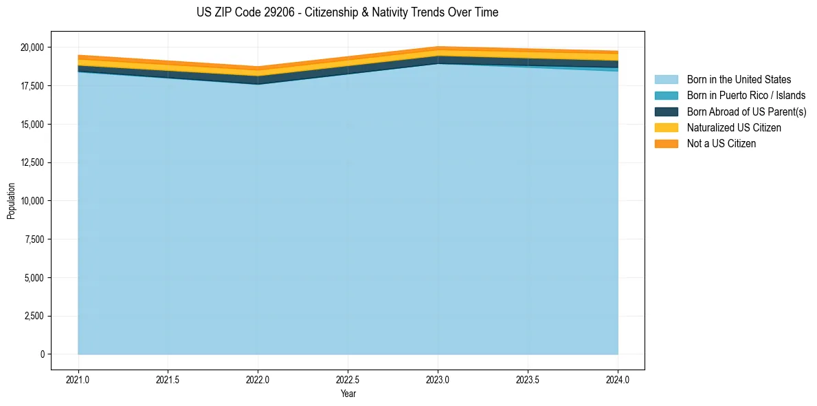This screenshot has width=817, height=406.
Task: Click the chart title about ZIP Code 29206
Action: (x=348, y=12)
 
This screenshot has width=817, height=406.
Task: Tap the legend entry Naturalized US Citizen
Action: (x=734, y=128)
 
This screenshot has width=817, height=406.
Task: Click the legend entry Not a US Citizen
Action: (x=721, y=144)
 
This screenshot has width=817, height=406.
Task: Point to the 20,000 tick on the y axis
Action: (x=32, y=47)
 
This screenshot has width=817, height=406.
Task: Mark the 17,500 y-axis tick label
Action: (x=32, y=86)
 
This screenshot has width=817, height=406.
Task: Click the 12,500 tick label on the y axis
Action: (x=32, y=162)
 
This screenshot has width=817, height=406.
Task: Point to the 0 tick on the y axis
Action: (x=42, y=354)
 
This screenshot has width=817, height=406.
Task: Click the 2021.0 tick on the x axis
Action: (x=78, y=379)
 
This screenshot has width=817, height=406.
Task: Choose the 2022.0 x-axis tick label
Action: (x=258, y=379)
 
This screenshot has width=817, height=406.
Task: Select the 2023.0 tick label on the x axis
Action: (x=438, y=379)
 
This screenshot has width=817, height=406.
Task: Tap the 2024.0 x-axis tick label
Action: (x=618, y=379)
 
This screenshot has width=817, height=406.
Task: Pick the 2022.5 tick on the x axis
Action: (x=348, y=379)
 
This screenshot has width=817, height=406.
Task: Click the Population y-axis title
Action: (x=11, y=201)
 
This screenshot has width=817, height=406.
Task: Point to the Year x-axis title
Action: (x=348, y=394)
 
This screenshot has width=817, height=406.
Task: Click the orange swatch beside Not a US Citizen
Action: (x=666, y=144)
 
